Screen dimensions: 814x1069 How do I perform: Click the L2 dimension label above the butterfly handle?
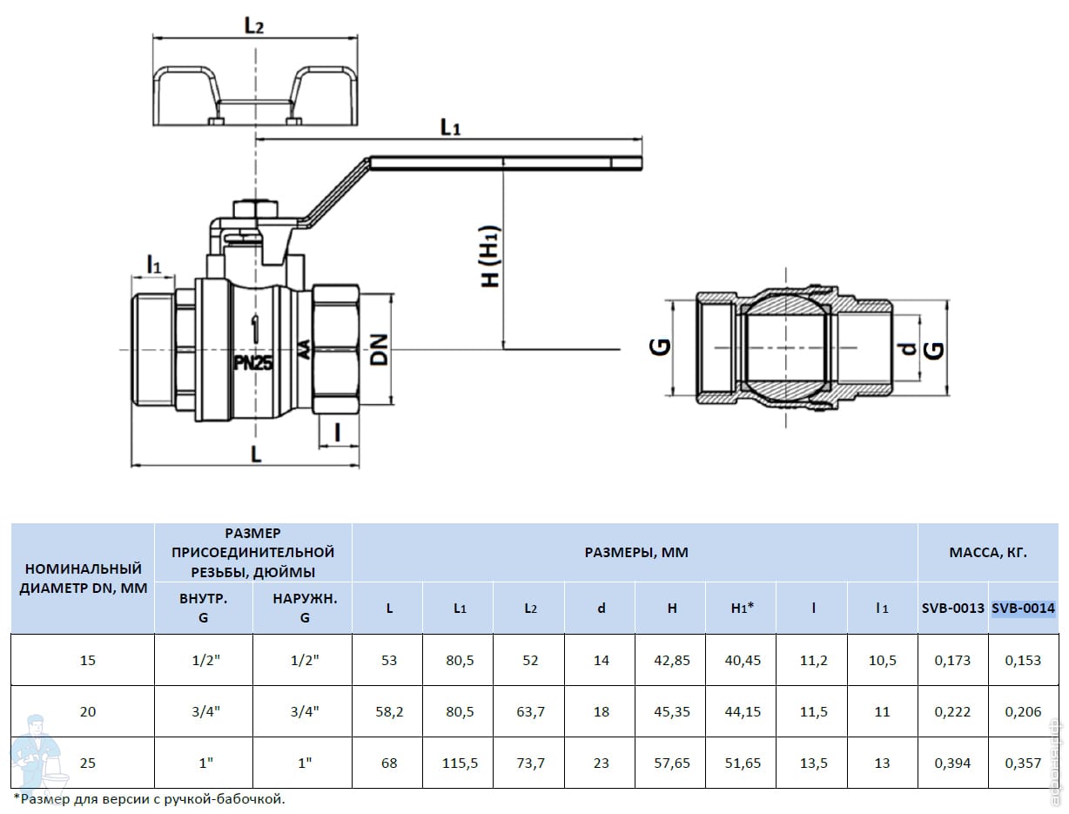coord(253,26)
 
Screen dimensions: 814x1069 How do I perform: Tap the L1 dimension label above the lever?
coord(449,127)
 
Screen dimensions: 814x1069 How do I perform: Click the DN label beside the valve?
coord(378,349)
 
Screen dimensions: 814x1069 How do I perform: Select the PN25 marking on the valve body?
coord(253,363)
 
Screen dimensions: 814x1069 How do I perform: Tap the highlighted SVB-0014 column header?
coord(1023,609)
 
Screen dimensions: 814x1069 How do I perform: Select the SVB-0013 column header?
coord(952,609)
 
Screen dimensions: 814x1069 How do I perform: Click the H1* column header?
coord(741,609)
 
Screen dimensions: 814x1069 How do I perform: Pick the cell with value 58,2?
coord(388,712)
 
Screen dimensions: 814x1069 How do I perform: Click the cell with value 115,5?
coord(459,764)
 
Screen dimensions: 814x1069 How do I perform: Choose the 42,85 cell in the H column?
coord(671,661)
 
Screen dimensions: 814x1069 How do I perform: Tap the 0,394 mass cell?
coord(952,764)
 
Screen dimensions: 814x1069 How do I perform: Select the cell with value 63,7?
coord(529,712)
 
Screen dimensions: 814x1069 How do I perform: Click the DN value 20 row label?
coord(88,712)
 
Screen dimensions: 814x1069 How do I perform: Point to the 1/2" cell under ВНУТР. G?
coord(203,661)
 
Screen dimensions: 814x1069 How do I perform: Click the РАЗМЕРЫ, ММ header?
coord(635,553)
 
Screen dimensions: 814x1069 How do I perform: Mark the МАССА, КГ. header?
coord(988,553)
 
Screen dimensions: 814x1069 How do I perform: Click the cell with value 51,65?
coord(741,764)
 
